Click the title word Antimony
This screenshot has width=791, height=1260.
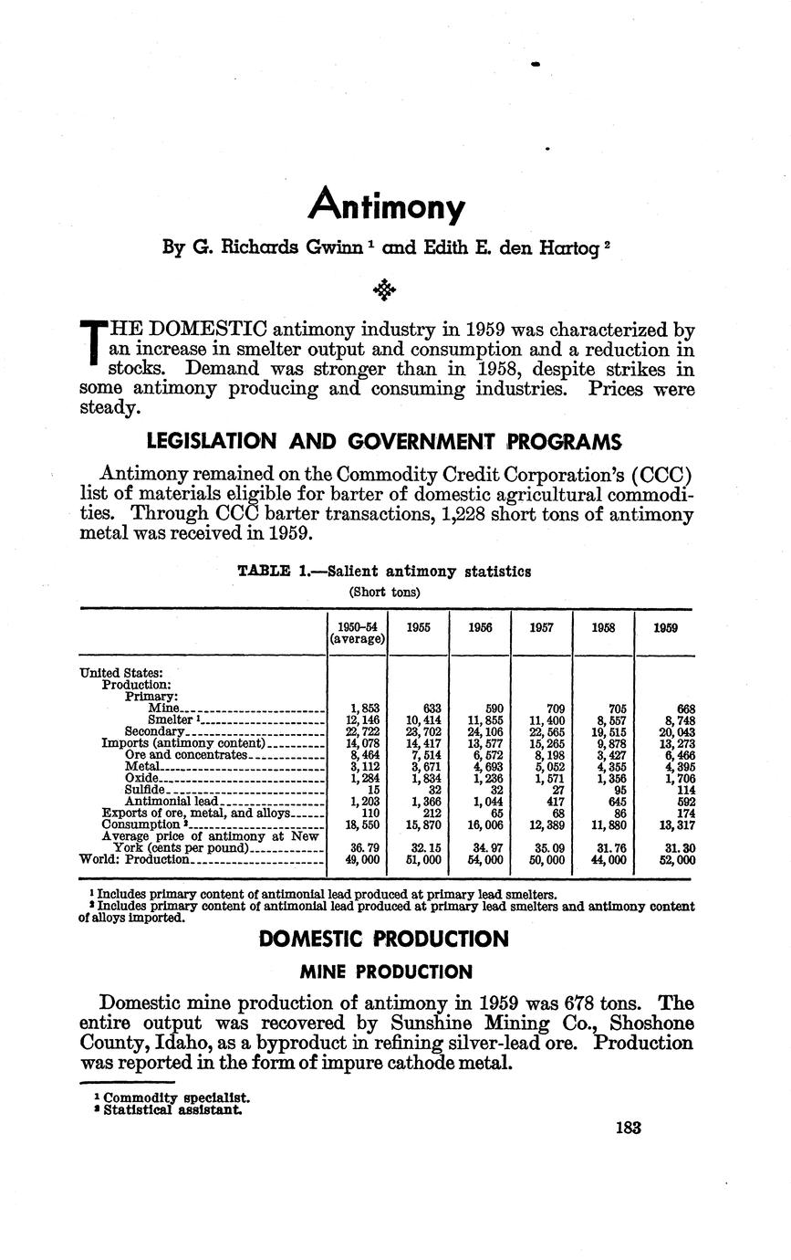pos(387,205)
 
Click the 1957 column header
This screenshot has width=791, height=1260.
pos(542,629)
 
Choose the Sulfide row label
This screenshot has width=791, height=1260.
pos(145,790)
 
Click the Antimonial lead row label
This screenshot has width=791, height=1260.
pos(171,802)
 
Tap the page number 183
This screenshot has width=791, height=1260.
pos(628,1128)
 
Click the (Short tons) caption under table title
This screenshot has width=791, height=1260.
pos(385,592)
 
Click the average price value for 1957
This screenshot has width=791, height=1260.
pos(542,848)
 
